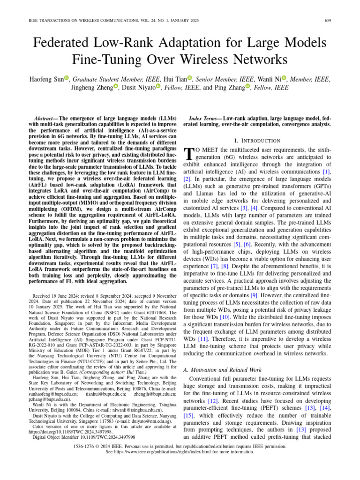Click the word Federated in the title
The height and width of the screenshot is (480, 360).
coord(66,43)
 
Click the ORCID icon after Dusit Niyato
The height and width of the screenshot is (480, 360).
coord(158,87)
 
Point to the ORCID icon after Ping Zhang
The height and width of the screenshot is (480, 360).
coord(248,87)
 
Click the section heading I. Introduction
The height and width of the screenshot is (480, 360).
coord(257,140)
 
